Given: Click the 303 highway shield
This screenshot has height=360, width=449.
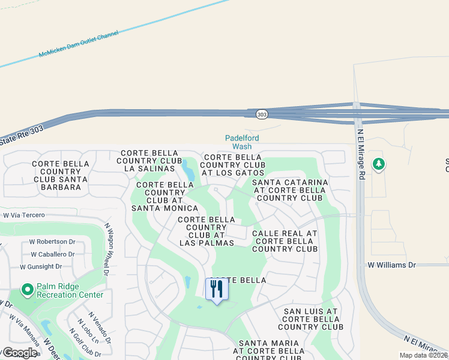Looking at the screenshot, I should click(261, 114).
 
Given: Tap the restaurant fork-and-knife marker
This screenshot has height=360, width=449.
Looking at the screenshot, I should click(217, 289).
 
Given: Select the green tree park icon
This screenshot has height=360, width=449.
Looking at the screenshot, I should click(378, 164).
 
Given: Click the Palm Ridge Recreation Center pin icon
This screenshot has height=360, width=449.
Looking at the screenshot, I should click(26, 290).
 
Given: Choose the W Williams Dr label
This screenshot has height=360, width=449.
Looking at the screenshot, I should click(391, 265).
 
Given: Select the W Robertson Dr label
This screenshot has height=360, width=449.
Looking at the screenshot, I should click(52, 242).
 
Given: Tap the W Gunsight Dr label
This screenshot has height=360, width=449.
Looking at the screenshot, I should click(41, 266).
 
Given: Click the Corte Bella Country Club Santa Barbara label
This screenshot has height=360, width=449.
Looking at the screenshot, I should click(60, 175).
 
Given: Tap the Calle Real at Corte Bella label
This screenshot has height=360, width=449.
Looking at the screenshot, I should click(285, 241).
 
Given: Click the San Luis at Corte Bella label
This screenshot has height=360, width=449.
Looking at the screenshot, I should click(310, 319).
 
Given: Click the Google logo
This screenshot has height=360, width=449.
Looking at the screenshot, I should click(19, 353).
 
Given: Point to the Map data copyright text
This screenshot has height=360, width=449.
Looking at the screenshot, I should click(424, 355).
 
